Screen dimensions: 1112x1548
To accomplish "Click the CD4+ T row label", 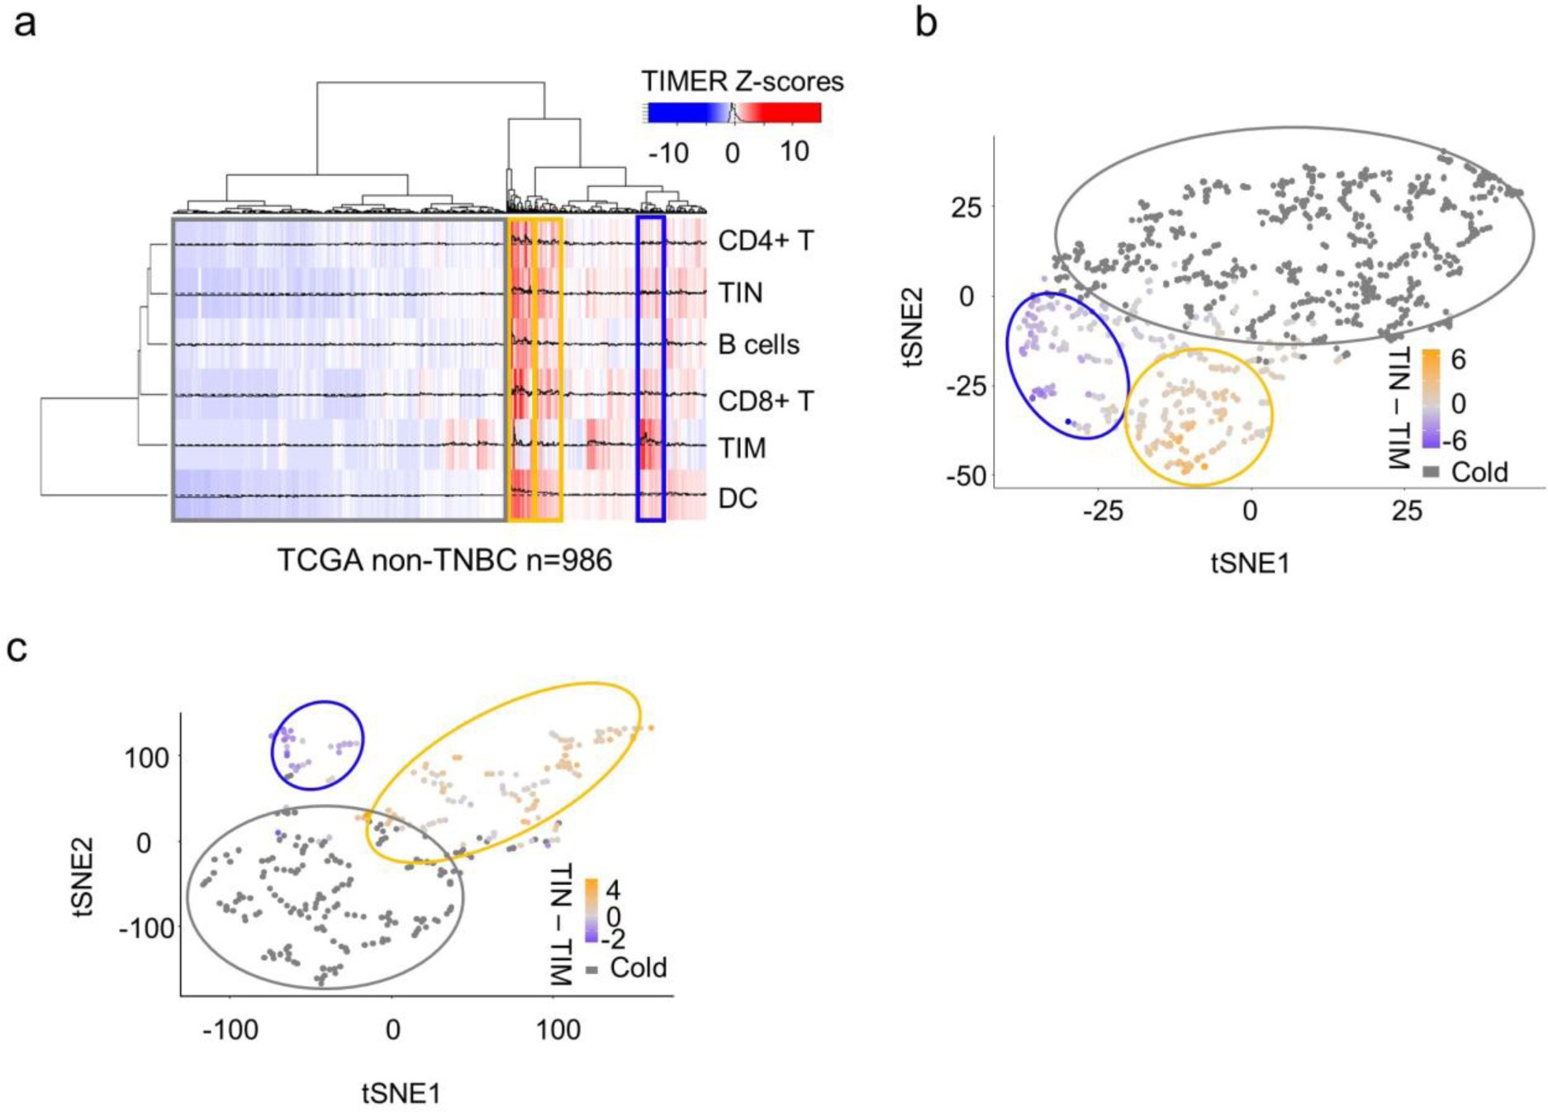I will (766, 240).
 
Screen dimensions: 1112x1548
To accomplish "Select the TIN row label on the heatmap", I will (740, 292).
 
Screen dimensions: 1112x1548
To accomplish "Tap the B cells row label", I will (758, 344).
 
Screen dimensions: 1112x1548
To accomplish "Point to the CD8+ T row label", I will (766, 401).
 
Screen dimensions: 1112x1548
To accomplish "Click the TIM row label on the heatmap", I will (742, 448).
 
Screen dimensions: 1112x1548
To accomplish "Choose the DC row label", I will (738, 498).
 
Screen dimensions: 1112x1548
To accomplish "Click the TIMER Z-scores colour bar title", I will (743, 81).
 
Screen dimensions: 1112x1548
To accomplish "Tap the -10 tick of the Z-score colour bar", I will (668, 153).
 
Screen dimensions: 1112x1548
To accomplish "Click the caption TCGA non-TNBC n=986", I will (444, 560).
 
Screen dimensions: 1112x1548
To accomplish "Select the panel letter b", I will (926, 22).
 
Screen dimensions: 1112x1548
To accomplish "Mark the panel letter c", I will (17, 649).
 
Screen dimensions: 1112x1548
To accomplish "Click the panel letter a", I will (25, 22).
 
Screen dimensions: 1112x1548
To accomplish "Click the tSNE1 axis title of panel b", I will (1250, 563).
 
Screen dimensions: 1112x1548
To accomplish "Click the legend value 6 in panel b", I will (1458, 360).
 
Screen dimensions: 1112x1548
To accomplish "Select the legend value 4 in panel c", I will (613, 890).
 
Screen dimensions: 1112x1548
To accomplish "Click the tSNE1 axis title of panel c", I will (401, 1093).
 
